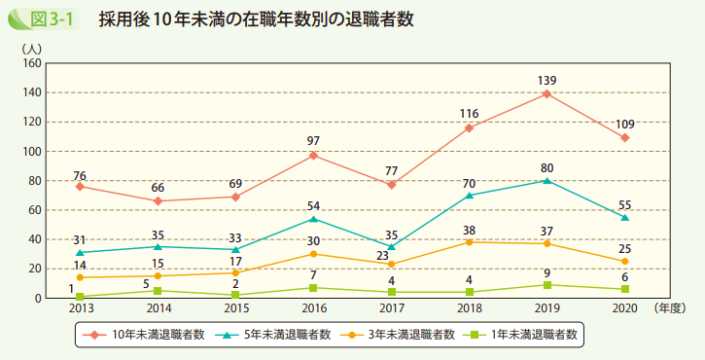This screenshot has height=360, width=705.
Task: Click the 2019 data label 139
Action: coord(546,80)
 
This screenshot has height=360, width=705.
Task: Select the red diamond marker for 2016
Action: coord(313,156)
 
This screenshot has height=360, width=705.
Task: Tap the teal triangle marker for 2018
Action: coord(469,195)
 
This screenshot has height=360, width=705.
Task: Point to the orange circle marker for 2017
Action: coord(391,264)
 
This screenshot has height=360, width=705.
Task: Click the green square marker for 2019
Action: coord(546,284)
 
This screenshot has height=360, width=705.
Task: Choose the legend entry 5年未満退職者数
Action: coord(276,334)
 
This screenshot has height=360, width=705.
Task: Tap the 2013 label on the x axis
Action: coord(81,307)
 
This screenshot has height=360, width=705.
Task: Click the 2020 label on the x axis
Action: coord(624,307)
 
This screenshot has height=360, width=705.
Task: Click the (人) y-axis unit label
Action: coord(32,47)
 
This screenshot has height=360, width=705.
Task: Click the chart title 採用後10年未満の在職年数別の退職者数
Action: coord(257,19)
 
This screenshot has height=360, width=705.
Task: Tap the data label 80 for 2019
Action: coord(546,167)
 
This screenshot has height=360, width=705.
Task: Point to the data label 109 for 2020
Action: coord(624,124)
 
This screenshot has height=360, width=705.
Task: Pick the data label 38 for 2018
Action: coord(469,230)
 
